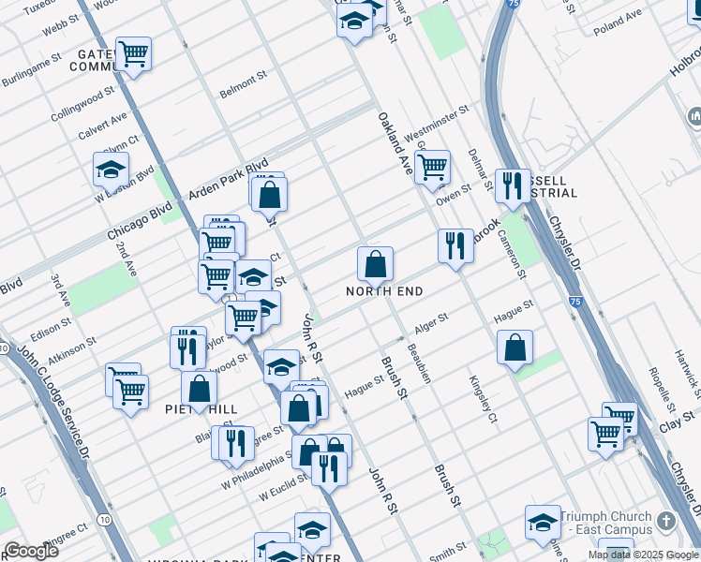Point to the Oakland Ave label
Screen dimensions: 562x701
pyautogui.click(x=395, y=144)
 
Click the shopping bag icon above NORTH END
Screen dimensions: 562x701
pyautogui.click(x=375, y=266)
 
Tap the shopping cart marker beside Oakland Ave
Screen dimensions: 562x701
pyautogui.click(x=432, y=169)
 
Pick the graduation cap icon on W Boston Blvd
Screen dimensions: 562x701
pyautogui.click(x=111, y=171)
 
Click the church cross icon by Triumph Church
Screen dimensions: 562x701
pyautogui.click(x=665, y=522)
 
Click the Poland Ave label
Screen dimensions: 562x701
pyautogui.click(x=618, y=22)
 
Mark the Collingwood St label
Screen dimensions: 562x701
pyautogui.click(x=82, y=102)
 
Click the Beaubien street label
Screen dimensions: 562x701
pyautogui.click(x=418, y=362)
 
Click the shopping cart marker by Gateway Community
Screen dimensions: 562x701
pyautogui.click(x=133, y=54)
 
